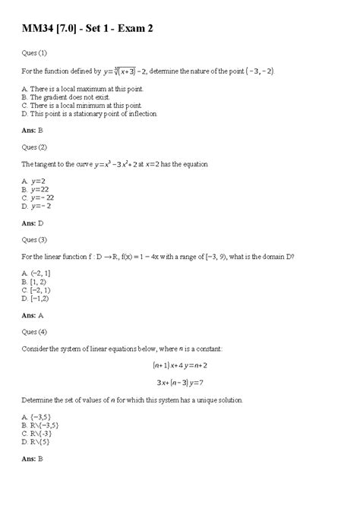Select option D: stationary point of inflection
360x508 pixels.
click(90, 114)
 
